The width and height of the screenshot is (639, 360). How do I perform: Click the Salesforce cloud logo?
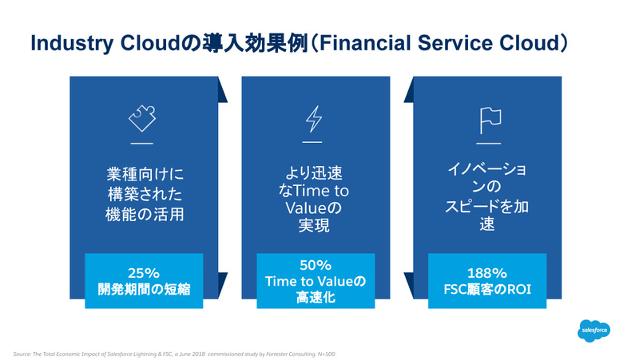point(594,329)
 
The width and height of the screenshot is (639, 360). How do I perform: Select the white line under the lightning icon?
point(315,143)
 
